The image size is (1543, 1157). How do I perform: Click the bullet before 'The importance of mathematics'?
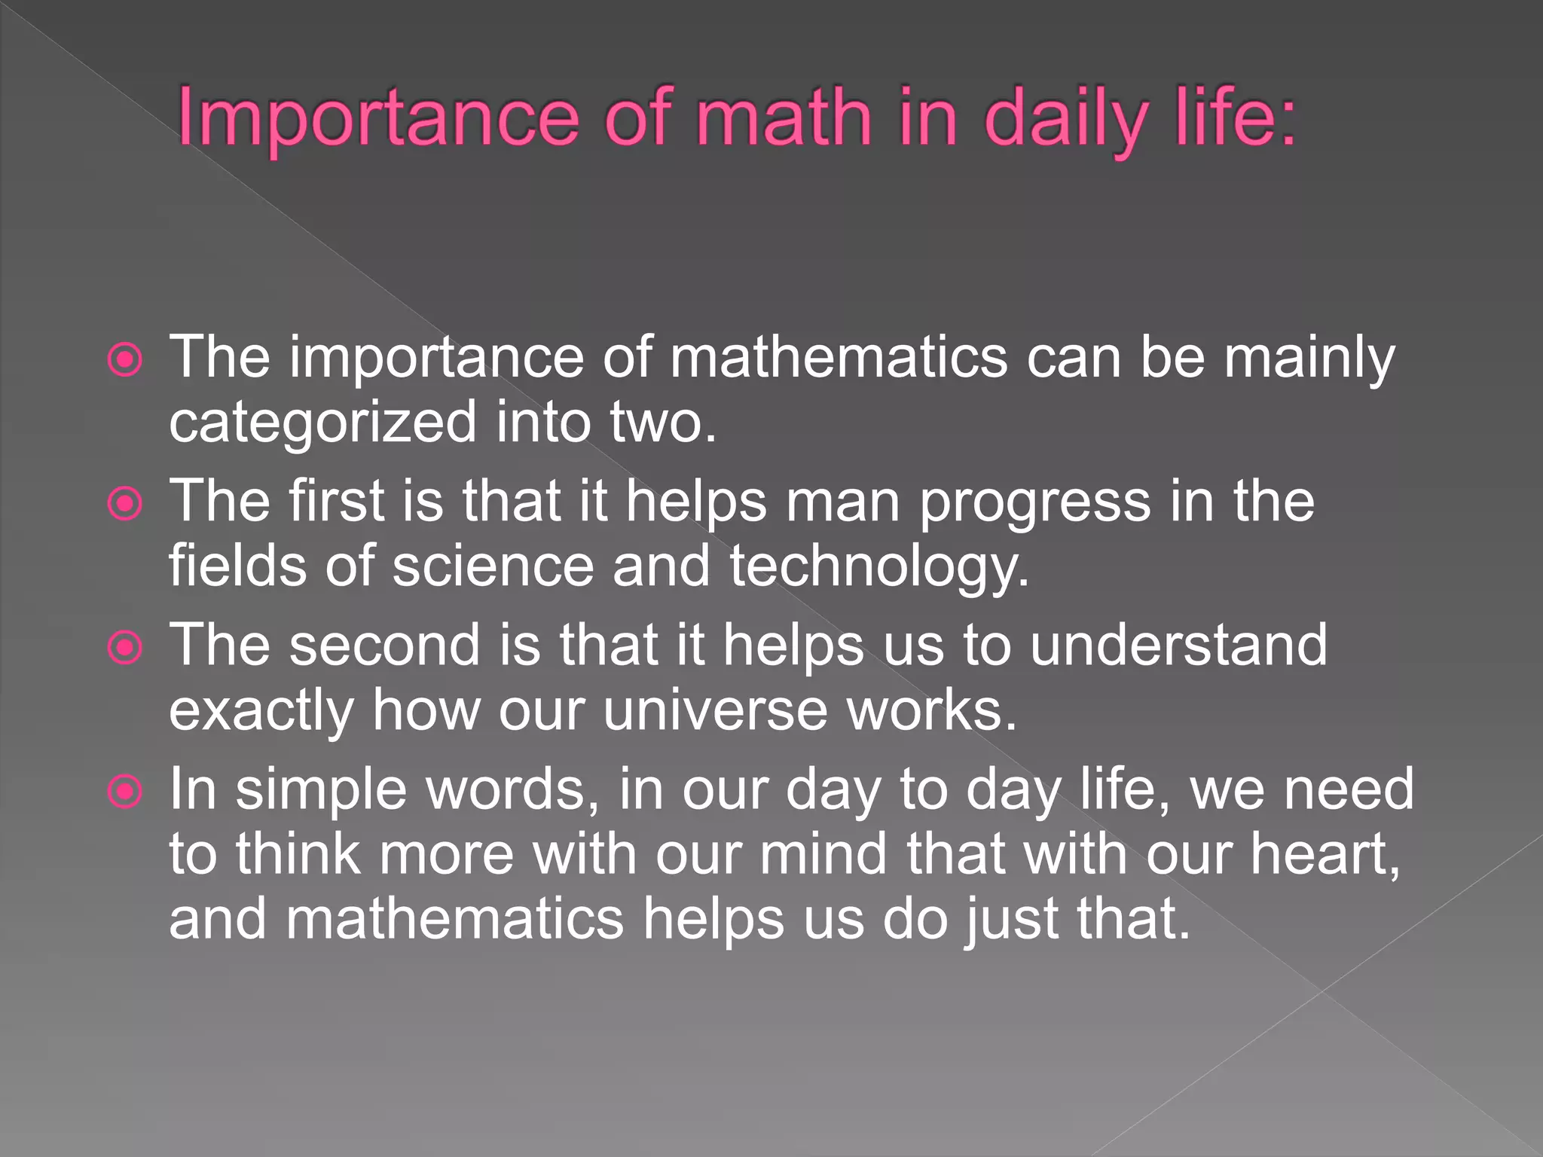(125, 360)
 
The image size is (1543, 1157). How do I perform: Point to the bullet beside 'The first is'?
(125, 504)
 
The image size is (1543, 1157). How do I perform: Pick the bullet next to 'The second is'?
(125, 648)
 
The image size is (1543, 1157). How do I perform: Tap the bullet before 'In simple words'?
(125, 792)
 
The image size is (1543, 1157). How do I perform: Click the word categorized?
(322, 423)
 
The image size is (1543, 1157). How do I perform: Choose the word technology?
(878, 567)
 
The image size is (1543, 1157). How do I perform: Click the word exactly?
(261, 712)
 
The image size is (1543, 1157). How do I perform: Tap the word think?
(298, 854)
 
